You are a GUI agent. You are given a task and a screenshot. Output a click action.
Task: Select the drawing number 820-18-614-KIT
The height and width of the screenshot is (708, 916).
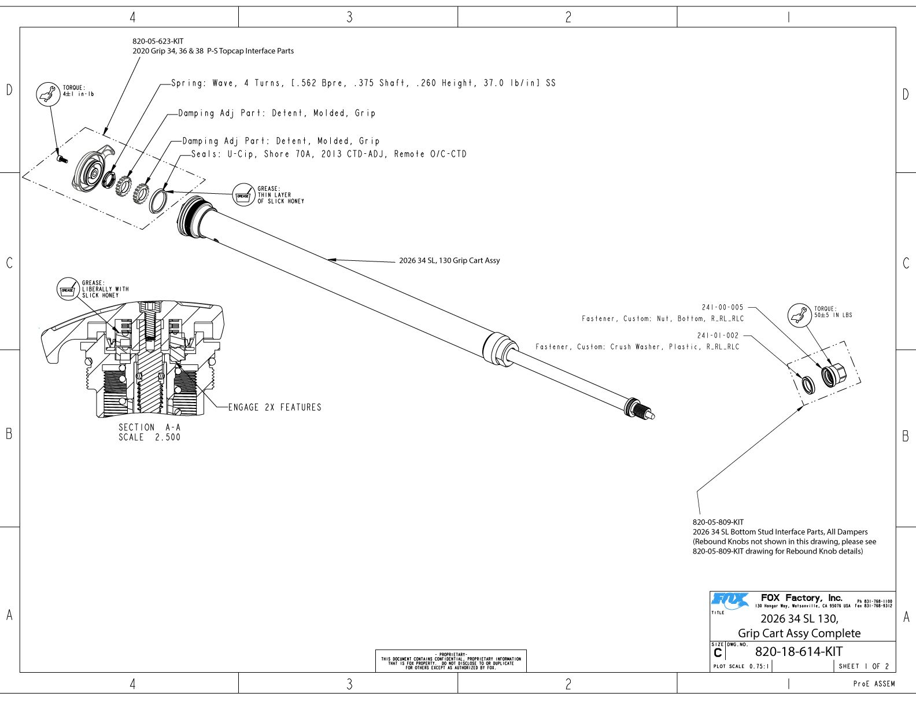click(799, 652)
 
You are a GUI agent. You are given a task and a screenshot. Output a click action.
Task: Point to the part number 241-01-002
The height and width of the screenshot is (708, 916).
click(718, 335)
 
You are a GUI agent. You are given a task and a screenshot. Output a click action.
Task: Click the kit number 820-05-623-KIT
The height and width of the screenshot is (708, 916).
click(158, 42)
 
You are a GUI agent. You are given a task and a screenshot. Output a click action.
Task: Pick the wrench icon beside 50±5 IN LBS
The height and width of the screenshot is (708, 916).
click(799, 315)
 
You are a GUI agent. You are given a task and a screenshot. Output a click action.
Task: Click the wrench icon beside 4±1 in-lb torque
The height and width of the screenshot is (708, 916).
click(48, 94)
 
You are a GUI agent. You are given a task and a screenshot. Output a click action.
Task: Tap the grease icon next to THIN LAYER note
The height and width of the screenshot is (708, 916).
click(243, 196)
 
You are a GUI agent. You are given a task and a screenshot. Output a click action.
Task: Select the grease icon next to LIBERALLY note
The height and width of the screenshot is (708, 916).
click(68, 289)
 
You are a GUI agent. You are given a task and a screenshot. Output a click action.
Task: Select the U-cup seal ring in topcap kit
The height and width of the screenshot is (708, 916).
click(159, 200)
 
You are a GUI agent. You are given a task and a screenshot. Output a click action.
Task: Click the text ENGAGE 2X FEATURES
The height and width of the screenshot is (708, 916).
click(275, 407)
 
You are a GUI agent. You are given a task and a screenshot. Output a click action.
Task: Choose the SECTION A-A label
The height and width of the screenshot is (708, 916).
click(149, 427)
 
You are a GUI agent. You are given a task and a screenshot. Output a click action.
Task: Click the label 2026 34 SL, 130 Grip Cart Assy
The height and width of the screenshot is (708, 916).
click(449, 260)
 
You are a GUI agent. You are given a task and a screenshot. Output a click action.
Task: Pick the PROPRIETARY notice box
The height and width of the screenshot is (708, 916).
click(451, 661)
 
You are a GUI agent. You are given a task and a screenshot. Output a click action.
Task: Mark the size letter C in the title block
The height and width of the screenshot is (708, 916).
click(718, 654)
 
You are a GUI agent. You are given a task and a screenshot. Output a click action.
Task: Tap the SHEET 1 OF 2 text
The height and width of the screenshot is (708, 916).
click(864, 666)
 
